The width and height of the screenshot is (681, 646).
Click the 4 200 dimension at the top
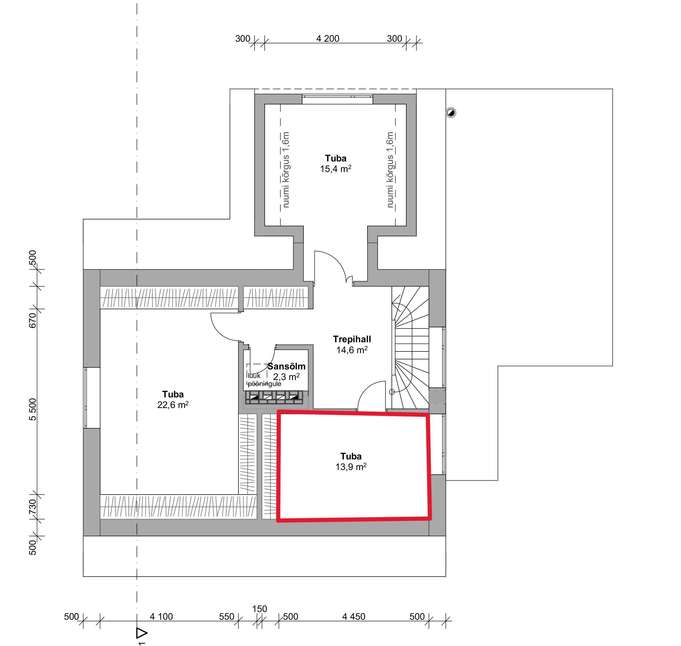tap(328, 39)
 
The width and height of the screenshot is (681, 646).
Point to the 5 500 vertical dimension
tap(33, 409)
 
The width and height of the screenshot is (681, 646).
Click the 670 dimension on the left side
tap(33, 321)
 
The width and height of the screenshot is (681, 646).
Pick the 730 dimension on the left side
tap(33, 507)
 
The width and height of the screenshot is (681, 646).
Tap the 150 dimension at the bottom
tap(260, 609)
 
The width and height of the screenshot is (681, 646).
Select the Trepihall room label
tap(352, 339)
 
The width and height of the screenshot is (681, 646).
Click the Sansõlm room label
tap(286, 366)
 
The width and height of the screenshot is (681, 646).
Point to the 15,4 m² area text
tap(336, 169)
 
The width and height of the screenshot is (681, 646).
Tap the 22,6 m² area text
tap(173, 405)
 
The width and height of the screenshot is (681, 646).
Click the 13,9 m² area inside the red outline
tap(351, 467)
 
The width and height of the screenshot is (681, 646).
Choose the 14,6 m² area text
tap(352, 350)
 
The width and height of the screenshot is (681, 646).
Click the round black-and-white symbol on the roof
tap(451, 113)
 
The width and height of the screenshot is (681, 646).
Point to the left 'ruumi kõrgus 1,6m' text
tap(286, 170)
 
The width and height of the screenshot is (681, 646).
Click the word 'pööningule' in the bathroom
tap(264, 384)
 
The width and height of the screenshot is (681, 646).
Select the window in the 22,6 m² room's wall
tap(85, 398)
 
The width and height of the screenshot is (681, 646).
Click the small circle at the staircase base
tap(391, 392)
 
